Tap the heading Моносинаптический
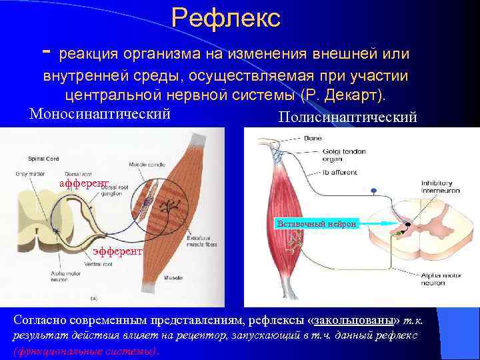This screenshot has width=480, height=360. click(100, 113)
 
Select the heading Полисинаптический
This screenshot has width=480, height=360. click(347, 117)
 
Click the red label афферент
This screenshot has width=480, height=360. click(83, 183)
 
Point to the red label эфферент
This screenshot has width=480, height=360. click(117, 251)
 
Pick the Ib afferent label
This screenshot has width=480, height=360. click(322, 172)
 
